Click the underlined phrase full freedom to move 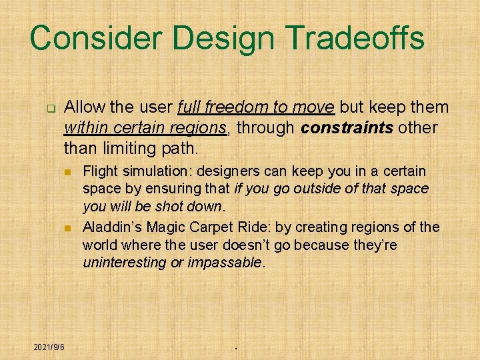256,107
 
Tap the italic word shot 171,207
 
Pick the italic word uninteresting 125,263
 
